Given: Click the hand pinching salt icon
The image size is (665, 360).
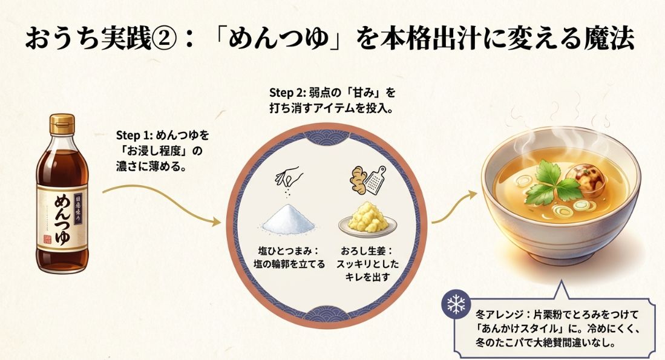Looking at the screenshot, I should point(288,176).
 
